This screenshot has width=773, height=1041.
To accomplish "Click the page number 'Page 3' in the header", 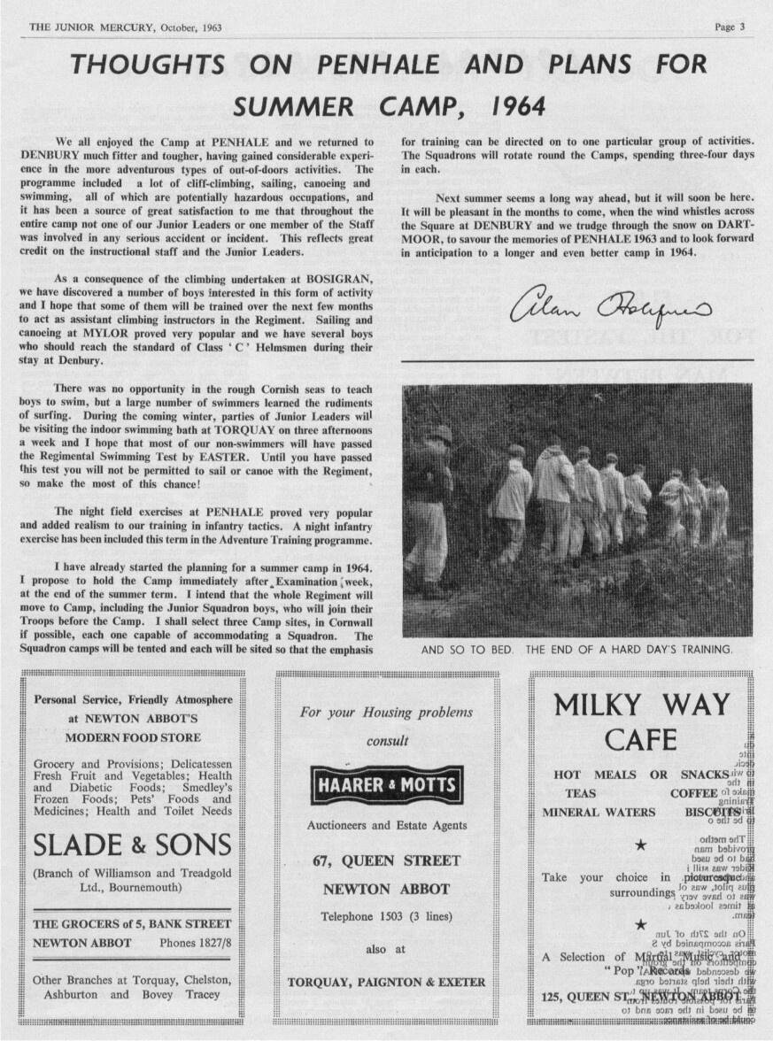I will click(x=730, y=27).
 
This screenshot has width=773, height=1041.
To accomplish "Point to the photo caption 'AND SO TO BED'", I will click(x=467, y=650).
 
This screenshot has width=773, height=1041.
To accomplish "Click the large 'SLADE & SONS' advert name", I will click(x=133, y=844).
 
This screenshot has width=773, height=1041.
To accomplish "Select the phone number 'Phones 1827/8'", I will click(x=195, y=943).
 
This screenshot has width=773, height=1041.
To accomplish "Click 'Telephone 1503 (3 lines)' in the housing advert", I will click(x=385, y=916).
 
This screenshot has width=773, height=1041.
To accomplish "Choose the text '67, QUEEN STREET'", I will click(x=387, y=860).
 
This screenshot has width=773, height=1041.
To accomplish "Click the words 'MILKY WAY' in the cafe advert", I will click(x=641, y=706).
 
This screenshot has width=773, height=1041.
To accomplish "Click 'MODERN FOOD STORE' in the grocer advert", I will click(x=133, y=737).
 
